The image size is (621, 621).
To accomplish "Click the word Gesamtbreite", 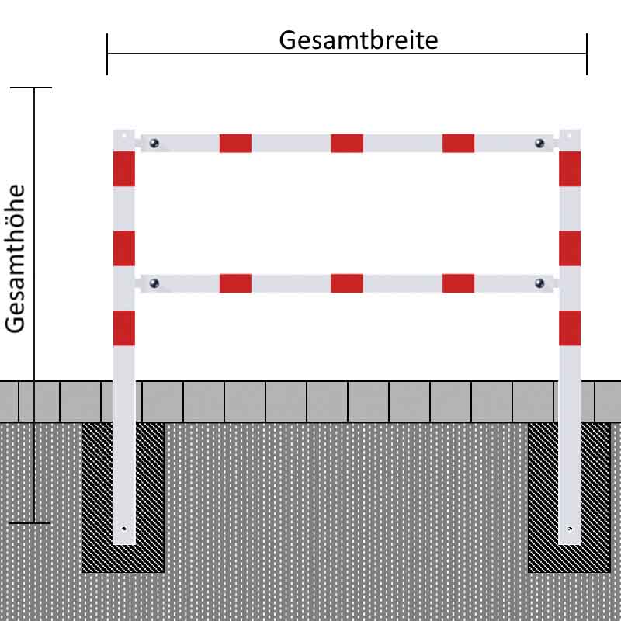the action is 359,40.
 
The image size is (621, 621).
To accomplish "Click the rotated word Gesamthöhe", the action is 15,258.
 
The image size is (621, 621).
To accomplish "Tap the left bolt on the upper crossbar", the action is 154,143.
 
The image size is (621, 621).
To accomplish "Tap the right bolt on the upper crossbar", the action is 539,143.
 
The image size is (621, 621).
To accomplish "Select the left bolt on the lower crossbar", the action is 154,283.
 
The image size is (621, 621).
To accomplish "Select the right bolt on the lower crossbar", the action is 539,283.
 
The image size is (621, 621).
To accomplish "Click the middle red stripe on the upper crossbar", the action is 347,144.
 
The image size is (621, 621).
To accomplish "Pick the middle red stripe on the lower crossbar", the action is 347,283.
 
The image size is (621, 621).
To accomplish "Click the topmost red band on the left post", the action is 124,168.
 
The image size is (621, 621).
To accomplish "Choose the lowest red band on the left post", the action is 124,328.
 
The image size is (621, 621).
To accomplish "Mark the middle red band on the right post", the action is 570,248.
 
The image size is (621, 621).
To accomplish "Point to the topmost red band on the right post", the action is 570,168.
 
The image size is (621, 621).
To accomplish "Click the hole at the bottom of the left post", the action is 124,529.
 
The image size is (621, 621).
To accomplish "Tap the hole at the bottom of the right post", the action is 570,529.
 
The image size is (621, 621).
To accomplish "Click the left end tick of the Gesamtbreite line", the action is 107,54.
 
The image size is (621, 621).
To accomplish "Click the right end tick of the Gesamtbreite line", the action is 587,54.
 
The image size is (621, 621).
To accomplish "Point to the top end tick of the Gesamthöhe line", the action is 31,88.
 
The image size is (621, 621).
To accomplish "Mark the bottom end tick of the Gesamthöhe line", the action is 29,523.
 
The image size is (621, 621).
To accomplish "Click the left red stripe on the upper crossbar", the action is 236,144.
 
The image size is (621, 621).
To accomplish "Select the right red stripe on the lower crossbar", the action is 458,283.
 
